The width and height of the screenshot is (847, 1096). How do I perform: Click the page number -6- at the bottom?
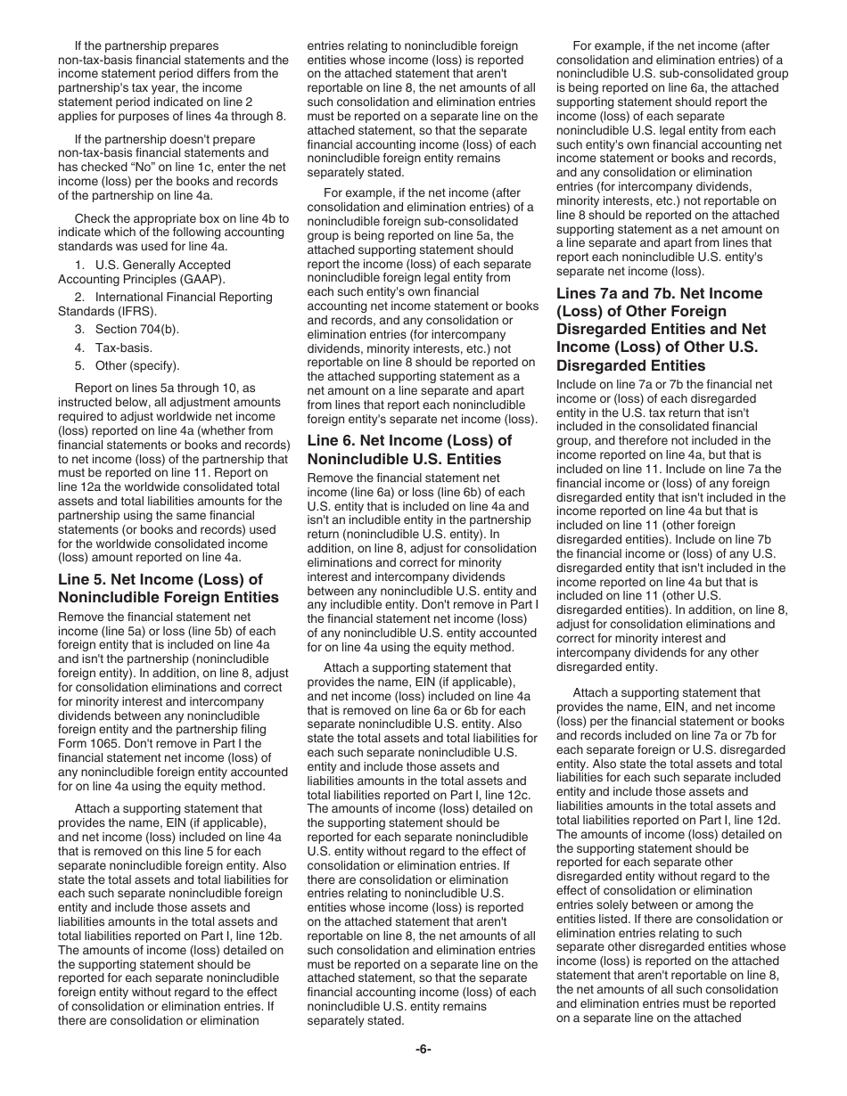(423, 1050)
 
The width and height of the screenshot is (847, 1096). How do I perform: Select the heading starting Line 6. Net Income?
(409, 450)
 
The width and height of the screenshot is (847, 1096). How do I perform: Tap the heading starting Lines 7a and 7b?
(661, 330)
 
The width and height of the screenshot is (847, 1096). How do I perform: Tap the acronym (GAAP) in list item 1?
(204, 278)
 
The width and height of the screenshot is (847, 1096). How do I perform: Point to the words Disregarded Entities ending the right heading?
(630, 365)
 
